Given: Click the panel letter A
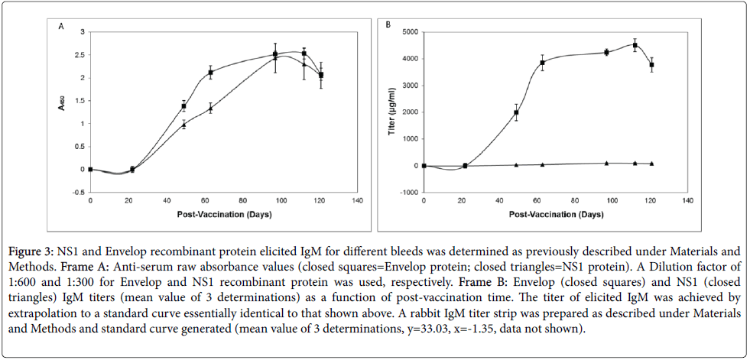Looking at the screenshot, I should (61, 26).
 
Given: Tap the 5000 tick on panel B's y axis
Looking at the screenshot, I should (407, 32).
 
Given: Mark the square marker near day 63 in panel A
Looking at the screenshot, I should (210, 73).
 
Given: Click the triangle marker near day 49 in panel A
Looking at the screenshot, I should (183, 125).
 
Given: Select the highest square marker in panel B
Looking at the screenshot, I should (635, 46).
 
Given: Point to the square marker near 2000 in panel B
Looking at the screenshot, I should (516, 113).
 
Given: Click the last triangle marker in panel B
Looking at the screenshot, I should (651, 164).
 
